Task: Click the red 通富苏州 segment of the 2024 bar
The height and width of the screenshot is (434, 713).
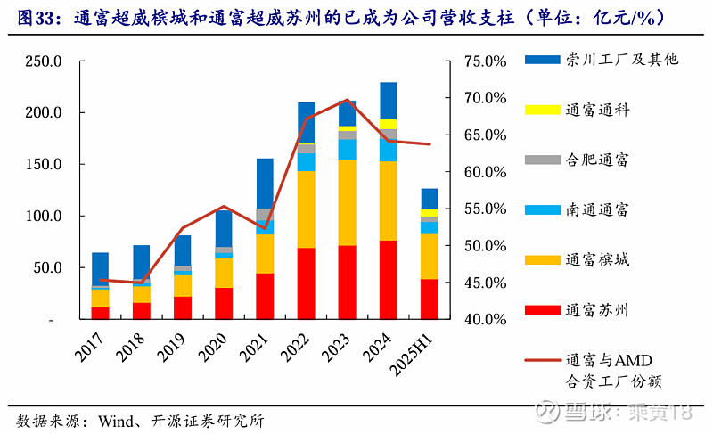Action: coord(388,280)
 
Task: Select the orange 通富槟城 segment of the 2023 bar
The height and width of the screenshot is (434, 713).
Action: coord(347,202)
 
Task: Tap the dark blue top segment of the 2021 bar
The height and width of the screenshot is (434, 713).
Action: coord(265,184)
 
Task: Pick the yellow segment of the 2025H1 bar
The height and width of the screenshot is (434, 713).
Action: coord(430,213)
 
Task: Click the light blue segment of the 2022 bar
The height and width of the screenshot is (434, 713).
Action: coord(306,162)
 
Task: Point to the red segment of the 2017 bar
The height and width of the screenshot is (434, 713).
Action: coord(100,313)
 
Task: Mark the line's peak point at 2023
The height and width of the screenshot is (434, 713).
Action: coord(347,100)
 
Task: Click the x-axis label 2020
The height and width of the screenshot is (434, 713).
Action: coord(213,348)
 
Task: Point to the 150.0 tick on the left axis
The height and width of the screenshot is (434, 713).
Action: coord(43,164)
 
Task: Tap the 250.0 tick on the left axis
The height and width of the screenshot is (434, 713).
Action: coord(43,61)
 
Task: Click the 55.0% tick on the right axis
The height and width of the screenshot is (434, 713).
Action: coord(485,209)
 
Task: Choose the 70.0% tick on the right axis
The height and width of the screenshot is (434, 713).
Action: coord(485,98)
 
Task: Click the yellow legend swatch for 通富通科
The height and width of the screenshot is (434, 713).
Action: coord(543,110)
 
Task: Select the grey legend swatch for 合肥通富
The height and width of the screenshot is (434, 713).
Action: coord(543,160)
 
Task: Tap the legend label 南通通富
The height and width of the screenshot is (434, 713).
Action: coord(597,209)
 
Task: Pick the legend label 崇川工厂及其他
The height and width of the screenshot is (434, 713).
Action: coord(621,60)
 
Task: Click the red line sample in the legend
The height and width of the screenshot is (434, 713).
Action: coord(543,360)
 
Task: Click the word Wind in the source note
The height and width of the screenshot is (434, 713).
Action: coord(116,422)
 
